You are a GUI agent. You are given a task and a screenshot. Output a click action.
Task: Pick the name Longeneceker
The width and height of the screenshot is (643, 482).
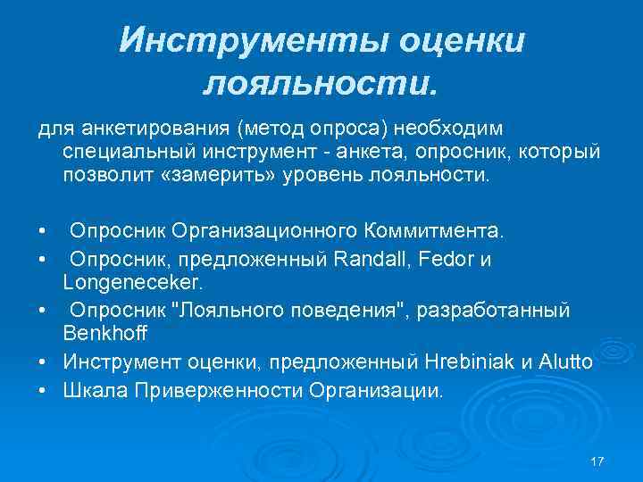tap(133, 282)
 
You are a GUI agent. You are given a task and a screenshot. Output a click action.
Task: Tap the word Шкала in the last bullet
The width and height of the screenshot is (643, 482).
tap(88, 390)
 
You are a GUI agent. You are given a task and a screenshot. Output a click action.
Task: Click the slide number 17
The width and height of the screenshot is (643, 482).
tap(597, 461)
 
